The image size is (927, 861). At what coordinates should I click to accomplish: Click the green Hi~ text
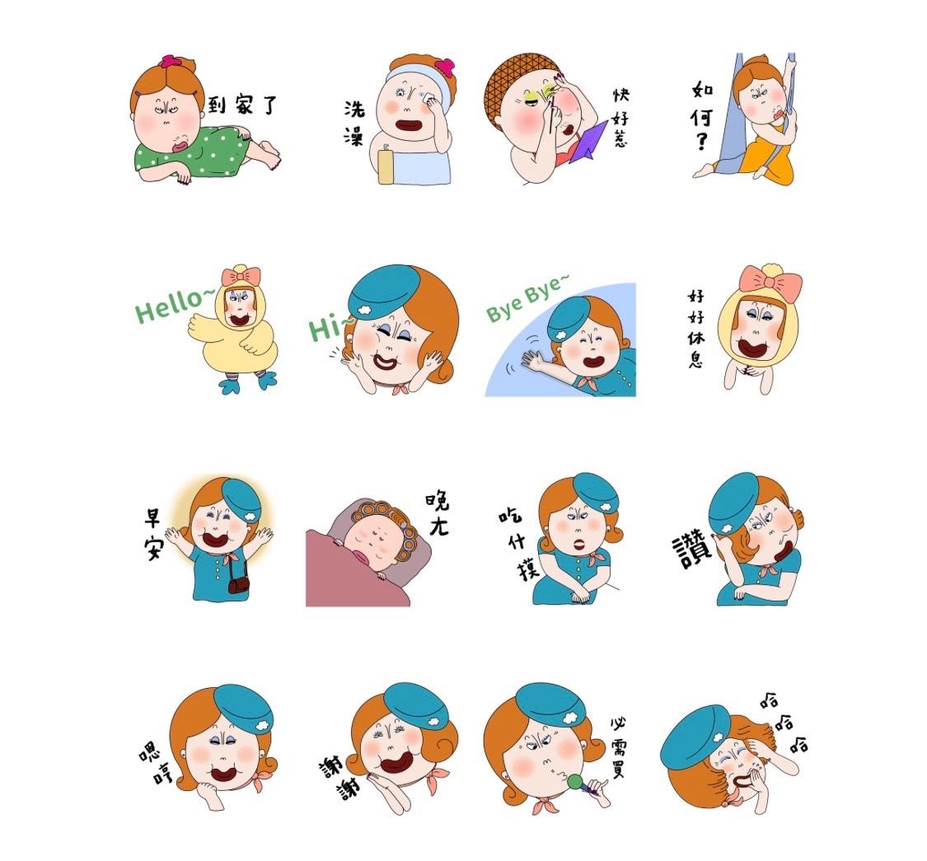click(329, 327)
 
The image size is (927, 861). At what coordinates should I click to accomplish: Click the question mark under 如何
click(702, 142)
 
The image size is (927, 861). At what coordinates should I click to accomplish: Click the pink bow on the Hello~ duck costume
click(241, 277)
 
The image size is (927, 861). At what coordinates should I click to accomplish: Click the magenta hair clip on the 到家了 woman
click(171, 61)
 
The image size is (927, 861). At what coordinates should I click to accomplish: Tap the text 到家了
click(241, 105)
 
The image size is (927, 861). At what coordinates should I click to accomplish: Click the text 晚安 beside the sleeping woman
click(438, 514)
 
